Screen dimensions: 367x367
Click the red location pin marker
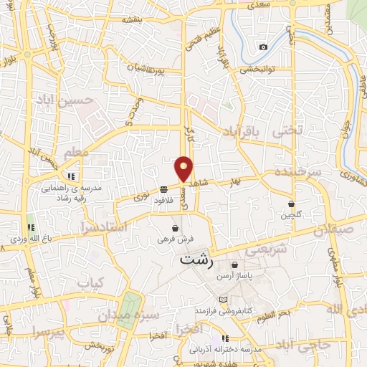coord(184,168)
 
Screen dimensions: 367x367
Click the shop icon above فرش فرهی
coord(175,229)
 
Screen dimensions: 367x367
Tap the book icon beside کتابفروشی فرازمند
coord(223,299)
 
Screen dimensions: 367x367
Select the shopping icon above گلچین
coord(292,204)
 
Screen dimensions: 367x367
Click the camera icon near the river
coord(263,47)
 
